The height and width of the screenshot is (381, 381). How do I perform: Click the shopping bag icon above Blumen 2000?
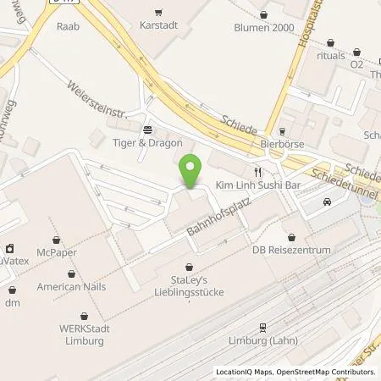(264, 14)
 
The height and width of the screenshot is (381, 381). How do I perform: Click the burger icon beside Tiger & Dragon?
(148, 130)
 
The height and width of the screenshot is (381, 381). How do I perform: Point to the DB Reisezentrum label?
(290, 250)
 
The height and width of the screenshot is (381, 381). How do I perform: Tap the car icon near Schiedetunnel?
(327, 202)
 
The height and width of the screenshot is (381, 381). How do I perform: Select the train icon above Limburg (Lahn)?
(262, 325)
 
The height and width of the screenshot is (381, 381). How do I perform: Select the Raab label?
(66, 26)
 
